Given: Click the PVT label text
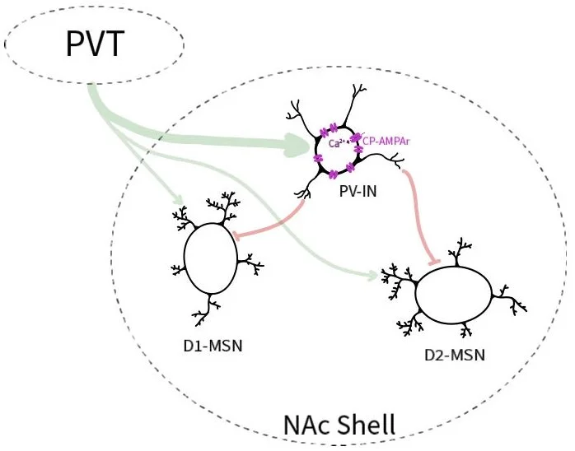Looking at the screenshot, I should click(x=95, y=45).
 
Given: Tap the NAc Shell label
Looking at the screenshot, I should click(x=340, y=425).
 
